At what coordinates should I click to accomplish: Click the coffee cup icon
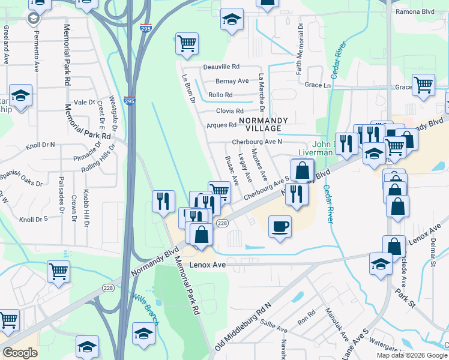[280, 226]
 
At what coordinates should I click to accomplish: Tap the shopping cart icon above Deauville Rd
[187, 43]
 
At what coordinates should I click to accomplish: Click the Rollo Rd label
[220, 95]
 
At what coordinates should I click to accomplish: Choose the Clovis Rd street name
[229, 111]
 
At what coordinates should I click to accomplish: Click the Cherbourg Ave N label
[257, 142]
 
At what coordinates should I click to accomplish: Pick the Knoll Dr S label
[33, 220]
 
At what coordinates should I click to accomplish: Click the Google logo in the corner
[20, 353]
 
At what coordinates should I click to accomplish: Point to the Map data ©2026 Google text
[411, 355]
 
